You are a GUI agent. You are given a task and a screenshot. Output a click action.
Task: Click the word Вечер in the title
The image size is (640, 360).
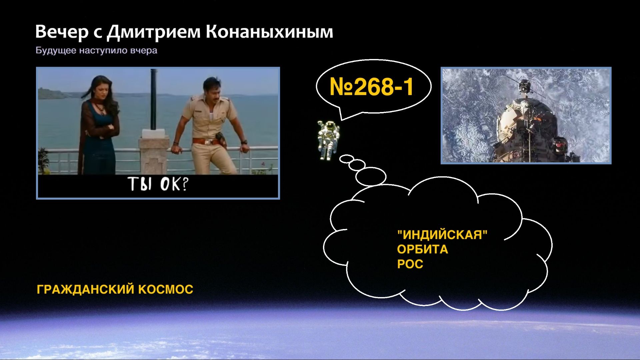62,32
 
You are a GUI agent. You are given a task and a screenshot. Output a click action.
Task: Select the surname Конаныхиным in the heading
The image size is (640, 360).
269,32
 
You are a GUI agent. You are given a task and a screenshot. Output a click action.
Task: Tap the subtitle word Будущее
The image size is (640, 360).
56,51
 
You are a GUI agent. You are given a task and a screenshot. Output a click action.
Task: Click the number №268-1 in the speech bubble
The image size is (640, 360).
371,87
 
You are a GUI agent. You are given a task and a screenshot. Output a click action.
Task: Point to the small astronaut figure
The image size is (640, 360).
328,139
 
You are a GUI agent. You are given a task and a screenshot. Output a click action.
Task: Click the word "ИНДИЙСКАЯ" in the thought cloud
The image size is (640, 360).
442,235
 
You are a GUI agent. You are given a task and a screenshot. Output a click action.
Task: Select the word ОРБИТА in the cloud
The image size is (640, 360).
422,250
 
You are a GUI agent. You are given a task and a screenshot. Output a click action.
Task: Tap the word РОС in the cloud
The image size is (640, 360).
410,264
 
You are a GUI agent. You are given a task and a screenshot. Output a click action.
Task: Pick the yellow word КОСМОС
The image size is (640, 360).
166,289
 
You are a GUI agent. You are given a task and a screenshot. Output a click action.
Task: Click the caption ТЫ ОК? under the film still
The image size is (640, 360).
158,184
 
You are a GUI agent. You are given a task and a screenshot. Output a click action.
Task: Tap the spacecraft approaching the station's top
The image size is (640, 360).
524,86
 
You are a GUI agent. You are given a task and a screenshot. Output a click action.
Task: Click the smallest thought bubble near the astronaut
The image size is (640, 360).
346,158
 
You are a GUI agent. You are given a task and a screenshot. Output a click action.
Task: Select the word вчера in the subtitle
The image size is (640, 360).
144,51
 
